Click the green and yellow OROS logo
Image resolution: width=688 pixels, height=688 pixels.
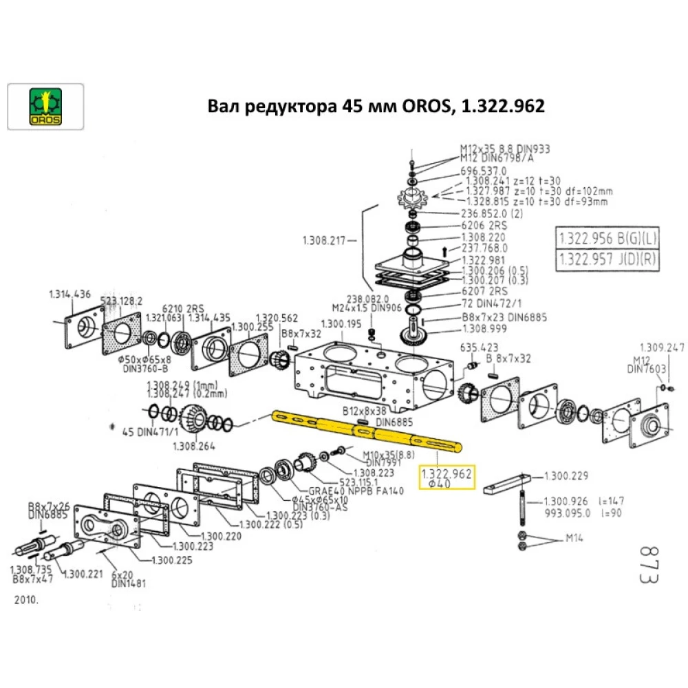point(45,107)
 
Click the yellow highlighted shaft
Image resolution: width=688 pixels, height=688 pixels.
point(365,430)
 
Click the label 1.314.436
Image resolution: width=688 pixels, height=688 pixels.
point(69,294)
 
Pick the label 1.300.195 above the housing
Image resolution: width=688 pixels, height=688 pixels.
point(341,323)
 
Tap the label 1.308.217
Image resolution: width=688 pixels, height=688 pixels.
point(323,240)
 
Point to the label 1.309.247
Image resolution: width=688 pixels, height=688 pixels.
point(662,347)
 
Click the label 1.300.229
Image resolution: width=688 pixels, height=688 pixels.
point(566,475)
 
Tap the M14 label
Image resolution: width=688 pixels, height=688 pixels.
point(574,538)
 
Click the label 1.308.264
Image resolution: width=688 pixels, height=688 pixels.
point(197,446)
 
